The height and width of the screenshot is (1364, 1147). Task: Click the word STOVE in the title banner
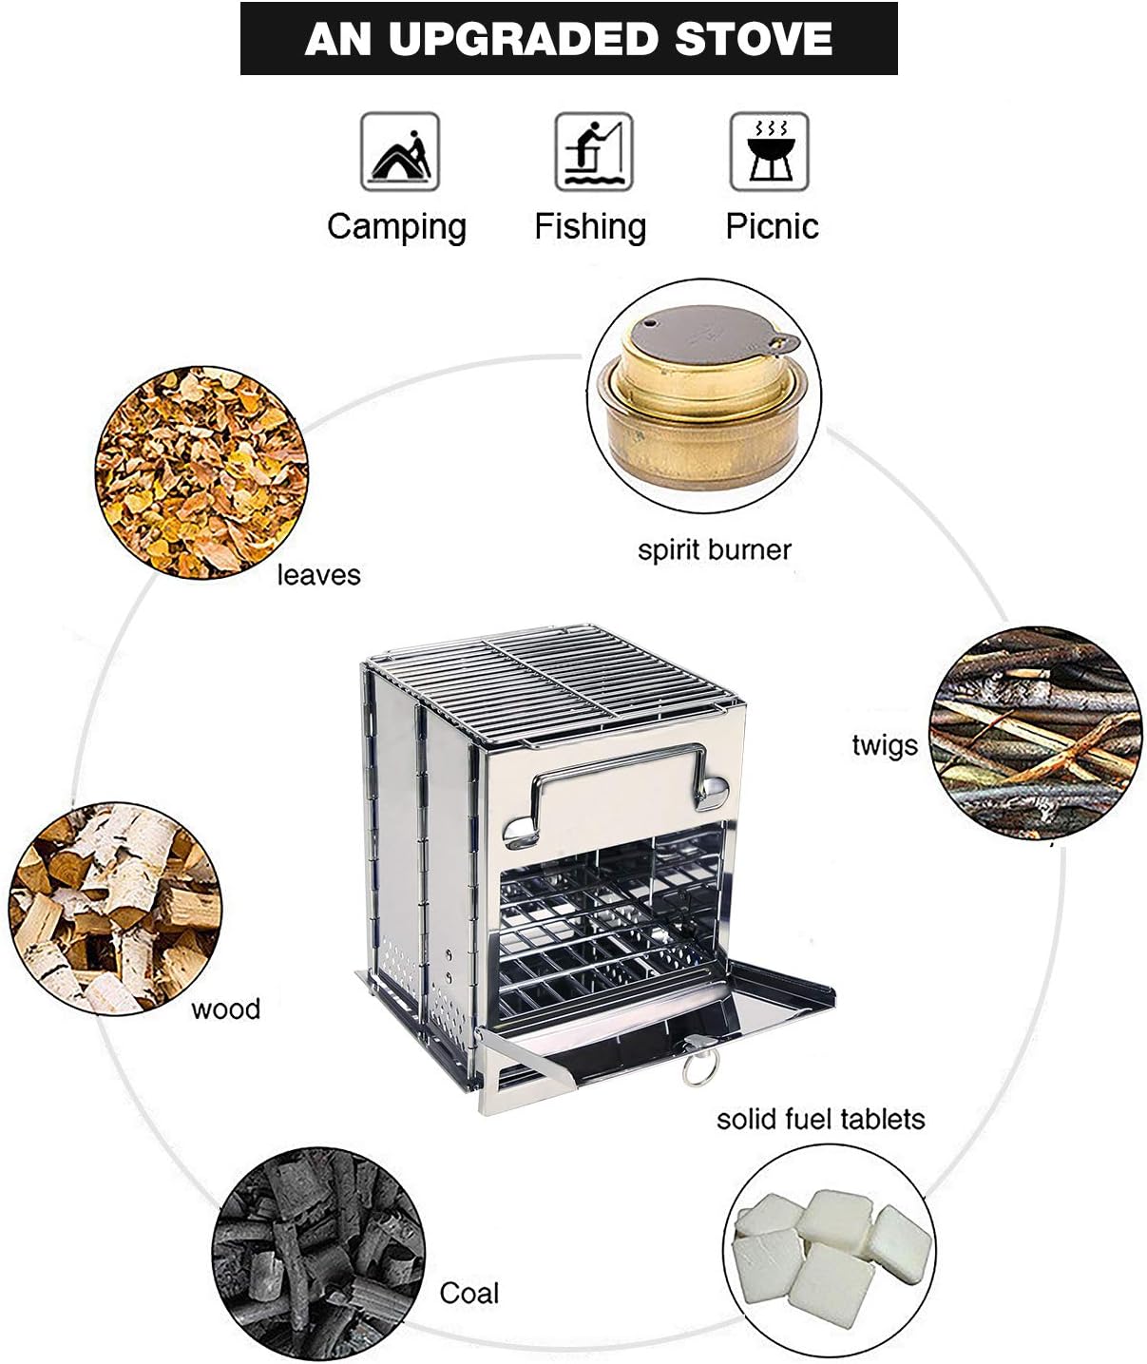tap(753, 39)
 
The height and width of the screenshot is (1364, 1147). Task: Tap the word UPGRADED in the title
tap(523, 39)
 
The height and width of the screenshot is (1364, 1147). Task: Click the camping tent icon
tap(399, 152)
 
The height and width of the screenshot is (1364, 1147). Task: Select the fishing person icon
tap(593, 152)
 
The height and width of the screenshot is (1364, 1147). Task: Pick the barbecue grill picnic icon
tap(769, 152)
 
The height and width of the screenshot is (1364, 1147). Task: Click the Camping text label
tap(396, 227)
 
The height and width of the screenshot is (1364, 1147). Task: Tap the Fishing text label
tap(590, 226)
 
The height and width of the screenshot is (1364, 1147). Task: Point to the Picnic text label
tap(772, 226)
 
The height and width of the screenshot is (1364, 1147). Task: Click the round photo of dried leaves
tap(201, 472)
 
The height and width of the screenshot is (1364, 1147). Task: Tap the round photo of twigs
tap(1035, 732)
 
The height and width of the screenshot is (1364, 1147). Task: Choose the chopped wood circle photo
tap(115, 908)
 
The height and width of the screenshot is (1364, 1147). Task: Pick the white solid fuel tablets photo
tap(829, 1250)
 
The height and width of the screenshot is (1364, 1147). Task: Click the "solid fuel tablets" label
tap(820, 1119)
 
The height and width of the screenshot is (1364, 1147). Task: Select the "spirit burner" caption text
tap(714, 549)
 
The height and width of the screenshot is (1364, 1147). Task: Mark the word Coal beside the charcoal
tap(468, 1293)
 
